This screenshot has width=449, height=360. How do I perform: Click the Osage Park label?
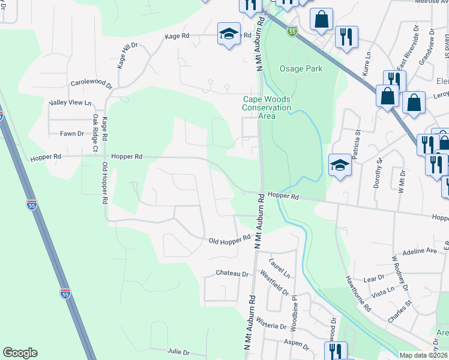pos(301,68)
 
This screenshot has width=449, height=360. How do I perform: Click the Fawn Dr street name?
pos(71,133)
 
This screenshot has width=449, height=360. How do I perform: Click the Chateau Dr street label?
pos(232,273)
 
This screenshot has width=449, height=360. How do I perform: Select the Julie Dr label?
pos(178,352)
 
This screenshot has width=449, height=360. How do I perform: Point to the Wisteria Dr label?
pos(271,326)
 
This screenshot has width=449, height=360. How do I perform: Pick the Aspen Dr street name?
pos(297,347)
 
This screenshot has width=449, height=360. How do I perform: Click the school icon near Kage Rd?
pos(228,33)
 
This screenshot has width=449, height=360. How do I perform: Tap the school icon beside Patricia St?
pos(340,164)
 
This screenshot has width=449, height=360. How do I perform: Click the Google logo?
pos(20,353)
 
